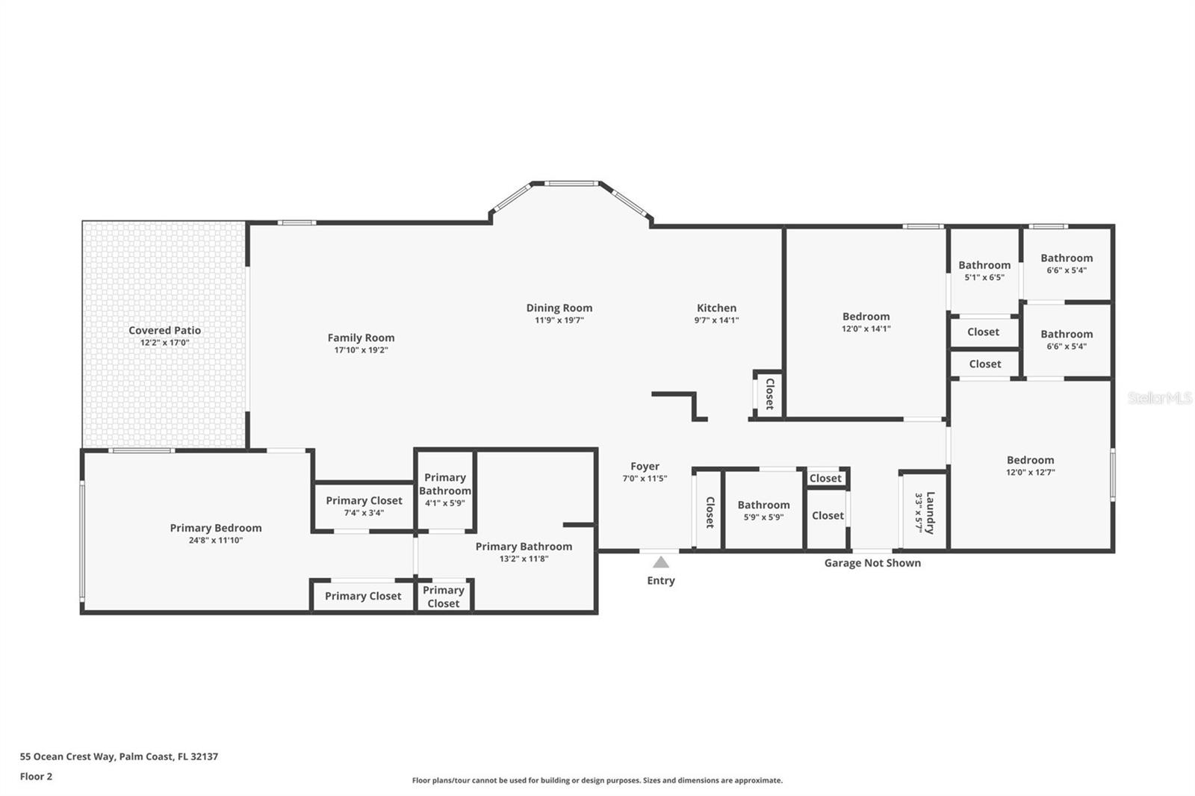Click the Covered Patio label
click(x=164, y=330)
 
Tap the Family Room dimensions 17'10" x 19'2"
click(x=361, y=350)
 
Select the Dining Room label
click(x=559, y=308)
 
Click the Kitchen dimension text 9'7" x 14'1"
click(x=716, y=320)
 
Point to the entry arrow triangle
click(x=661, y=562)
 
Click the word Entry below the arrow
click(x=661, y=580)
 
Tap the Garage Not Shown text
click(x=872, y=563)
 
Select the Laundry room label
click(x=930, y=512)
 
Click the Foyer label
click(x=645, y=466)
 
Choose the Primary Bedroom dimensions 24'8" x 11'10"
click(x=216, y=541)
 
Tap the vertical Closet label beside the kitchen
click(x=769, y=394)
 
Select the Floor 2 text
click(x=36, y=777)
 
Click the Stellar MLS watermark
click(x=1159, y=398)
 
